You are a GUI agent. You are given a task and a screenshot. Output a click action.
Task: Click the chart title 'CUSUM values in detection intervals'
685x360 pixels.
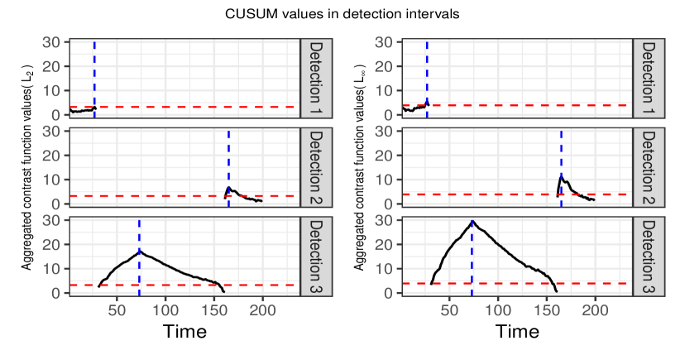(342, 14)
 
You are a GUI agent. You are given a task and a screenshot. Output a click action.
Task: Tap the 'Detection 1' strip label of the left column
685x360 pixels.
(317, 78)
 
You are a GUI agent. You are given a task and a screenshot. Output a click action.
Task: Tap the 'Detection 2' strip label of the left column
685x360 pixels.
(317, 167)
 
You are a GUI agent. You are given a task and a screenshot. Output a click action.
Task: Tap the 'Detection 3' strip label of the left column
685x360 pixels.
(317, 257)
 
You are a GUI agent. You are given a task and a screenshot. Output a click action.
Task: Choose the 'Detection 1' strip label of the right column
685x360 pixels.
(649, 78)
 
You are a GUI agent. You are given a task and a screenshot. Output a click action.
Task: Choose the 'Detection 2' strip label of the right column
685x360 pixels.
(649, 167)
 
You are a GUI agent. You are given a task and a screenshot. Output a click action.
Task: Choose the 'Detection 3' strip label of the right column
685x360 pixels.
(649, 257)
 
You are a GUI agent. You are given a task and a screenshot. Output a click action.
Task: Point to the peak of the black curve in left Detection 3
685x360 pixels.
(140, 250)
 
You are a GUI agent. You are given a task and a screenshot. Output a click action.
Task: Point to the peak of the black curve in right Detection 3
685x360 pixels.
(472, 221)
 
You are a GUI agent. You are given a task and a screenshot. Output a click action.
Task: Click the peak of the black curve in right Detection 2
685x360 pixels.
(562, 175)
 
